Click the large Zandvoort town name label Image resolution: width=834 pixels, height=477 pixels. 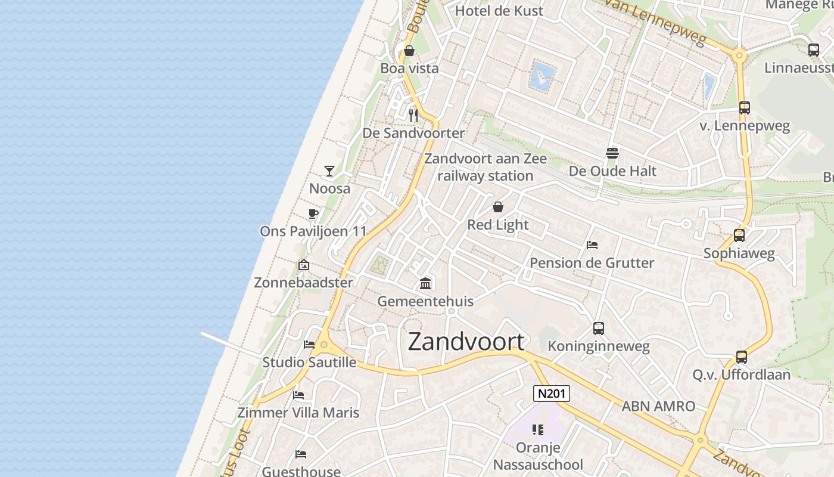(466, 342)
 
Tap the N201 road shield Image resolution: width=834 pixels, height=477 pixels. (551, 394)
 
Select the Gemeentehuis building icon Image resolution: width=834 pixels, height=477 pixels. (425, 283)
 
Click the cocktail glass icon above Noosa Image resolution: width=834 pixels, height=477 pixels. (329, 171)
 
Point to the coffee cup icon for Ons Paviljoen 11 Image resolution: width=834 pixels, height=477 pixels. (313, 214)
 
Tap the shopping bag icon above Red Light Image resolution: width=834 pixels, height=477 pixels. (498, 207)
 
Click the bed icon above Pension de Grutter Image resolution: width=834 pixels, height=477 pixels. (592, 245)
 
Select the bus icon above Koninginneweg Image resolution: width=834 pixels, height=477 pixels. (599, 328)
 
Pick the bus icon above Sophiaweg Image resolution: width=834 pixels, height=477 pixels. (739, 236)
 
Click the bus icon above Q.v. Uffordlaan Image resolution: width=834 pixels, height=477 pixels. (742, 357)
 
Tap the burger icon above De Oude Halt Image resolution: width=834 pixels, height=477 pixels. (612, 153)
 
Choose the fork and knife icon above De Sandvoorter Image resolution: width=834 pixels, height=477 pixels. (413, 114)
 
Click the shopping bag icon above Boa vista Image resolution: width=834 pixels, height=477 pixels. (409, 51)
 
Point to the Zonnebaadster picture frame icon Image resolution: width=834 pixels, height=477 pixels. (304, 265)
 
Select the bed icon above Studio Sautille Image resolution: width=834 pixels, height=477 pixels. (309, 344)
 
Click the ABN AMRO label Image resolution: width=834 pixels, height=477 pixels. (658, 407)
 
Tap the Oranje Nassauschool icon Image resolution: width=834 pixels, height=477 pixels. (539, 430)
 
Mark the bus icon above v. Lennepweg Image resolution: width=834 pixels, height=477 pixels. (745, 108)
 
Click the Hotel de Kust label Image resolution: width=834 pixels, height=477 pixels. (499, 11)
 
